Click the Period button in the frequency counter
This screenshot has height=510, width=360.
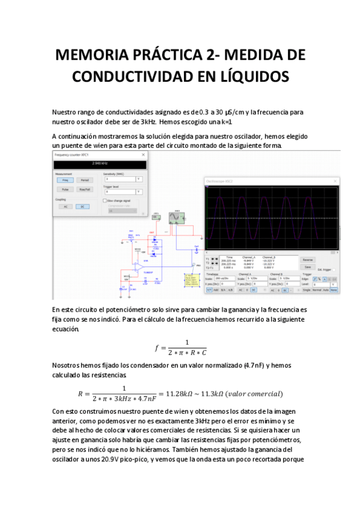pos(85,179)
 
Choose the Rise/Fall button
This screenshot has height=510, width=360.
pos(85,189)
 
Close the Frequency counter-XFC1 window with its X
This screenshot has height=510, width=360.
pos(144,155)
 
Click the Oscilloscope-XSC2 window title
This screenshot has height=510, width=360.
pos(219,181)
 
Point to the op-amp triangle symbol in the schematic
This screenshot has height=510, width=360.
pos(139,265)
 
